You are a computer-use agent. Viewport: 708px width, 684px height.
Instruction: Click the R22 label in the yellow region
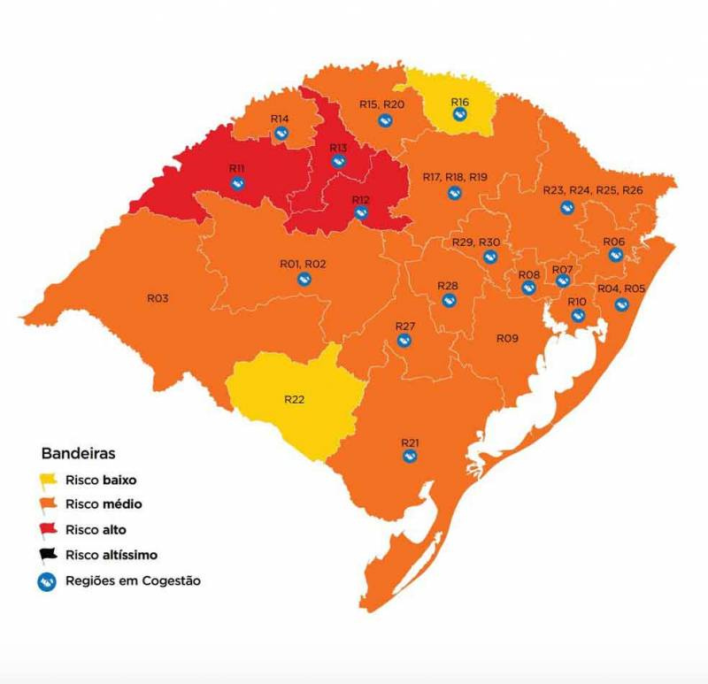click(x=295, y=399)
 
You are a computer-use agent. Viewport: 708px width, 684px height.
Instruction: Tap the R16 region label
click(x=459, y=102)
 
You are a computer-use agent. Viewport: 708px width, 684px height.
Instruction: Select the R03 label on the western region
click(x=158, y=298)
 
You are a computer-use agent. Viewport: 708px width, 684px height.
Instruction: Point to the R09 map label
click(x=507, y=338)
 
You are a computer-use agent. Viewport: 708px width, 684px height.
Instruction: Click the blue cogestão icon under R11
click(x=237, y=183)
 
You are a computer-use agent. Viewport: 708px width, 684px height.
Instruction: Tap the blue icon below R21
click(x=410, y=456)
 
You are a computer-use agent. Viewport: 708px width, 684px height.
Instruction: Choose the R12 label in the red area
click(x=360, y=199)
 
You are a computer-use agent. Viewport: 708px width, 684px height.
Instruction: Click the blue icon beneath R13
click(x=338, y=161)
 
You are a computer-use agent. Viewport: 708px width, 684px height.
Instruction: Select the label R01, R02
click(x=303, y=264)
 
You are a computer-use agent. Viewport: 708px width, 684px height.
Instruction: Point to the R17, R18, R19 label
click(x=455, y=177)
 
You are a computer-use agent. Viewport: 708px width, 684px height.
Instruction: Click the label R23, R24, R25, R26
click(x=593, y=190)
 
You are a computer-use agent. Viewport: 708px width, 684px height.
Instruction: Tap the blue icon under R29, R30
click(x=489, y=257)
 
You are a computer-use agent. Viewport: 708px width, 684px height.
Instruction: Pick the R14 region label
click(x=281, y=119)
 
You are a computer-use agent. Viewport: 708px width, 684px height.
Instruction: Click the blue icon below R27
click(x=404, y=340)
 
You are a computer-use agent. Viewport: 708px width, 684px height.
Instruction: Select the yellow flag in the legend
click(x=49, y=482)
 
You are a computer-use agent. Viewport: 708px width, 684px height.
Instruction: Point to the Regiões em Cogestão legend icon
click(x=49, y=581)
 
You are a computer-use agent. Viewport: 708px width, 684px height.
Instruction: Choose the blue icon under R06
click(x=615, y=255)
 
